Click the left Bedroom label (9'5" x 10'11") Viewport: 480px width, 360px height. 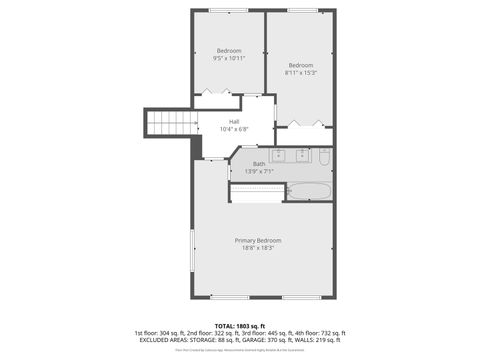click(228, 51)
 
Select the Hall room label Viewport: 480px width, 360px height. click(234, 122)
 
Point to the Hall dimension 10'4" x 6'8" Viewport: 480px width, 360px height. click(234, 130)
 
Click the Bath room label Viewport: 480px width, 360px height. click(259, 163)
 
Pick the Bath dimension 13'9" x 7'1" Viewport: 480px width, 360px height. click(259, 171)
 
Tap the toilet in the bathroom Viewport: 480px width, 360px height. click(324, 157)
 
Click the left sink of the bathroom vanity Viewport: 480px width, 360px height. click(279, 156)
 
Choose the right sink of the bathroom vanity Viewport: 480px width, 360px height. click(302, 156)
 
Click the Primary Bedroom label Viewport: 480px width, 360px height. click(258, 240)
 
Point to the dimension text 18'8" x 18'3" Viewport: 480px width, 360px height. click(258, 248)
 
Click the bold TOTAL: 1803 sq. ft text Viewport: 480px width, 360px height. click(240, 325)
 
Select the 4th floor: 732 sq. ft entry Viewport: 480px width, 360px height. click(319, 332)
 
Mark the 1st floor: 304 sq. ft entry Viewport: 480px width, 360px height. click(161, 332)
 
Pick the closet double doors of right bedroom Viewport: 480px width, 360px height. click(302, 124)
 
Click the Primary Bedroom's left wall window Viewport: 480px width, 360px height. click(193, 244)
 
